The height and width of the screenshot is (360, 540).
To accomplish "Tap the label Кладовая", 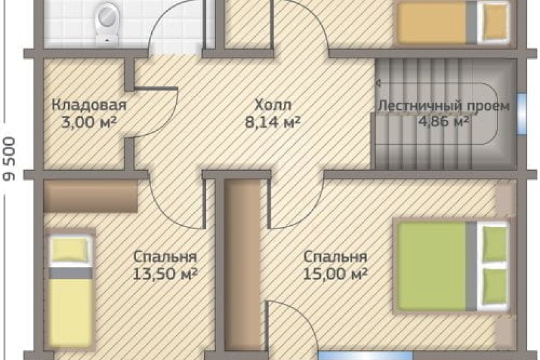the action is pos(89,105).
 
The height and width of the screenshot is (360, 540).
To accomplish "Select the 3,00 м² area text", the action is pos(88,122).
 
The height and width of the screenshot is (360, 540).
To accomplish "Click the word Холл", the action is pos(273,104).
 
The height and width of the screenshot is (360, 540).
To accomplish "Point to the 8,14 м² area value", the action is pos(273,122).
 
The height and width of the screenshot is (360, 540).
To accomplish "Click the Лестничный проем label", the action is pos(444,106).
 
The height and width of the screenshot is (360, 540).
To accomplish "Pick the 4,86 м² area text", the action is pos(444,121).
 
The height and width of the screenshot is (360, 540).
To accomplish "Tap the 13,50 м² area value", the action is pos(165,274).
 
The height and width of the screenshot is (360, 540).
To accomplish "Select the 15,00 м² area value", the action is pos(335,274).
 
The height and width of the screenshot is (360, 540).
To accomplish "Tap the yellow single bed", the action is pos(71,289).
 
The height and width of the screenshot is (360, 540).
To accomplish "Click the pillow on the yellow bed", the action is pos(71,249).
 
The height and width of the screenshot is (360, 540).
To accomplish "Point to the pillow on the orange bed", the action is pos(495,22).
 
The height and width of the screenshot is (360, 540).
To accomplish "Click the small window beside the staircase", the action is pos(522,114).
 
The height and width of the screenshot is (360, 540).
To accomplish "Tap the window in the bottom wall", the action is pos(365,355).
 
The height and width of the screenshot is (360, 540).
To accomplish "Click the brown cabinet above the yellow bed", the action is pos(91,196).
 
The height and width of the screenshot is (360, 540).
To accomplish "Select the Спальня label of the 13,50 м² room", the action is pos(165,257).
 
